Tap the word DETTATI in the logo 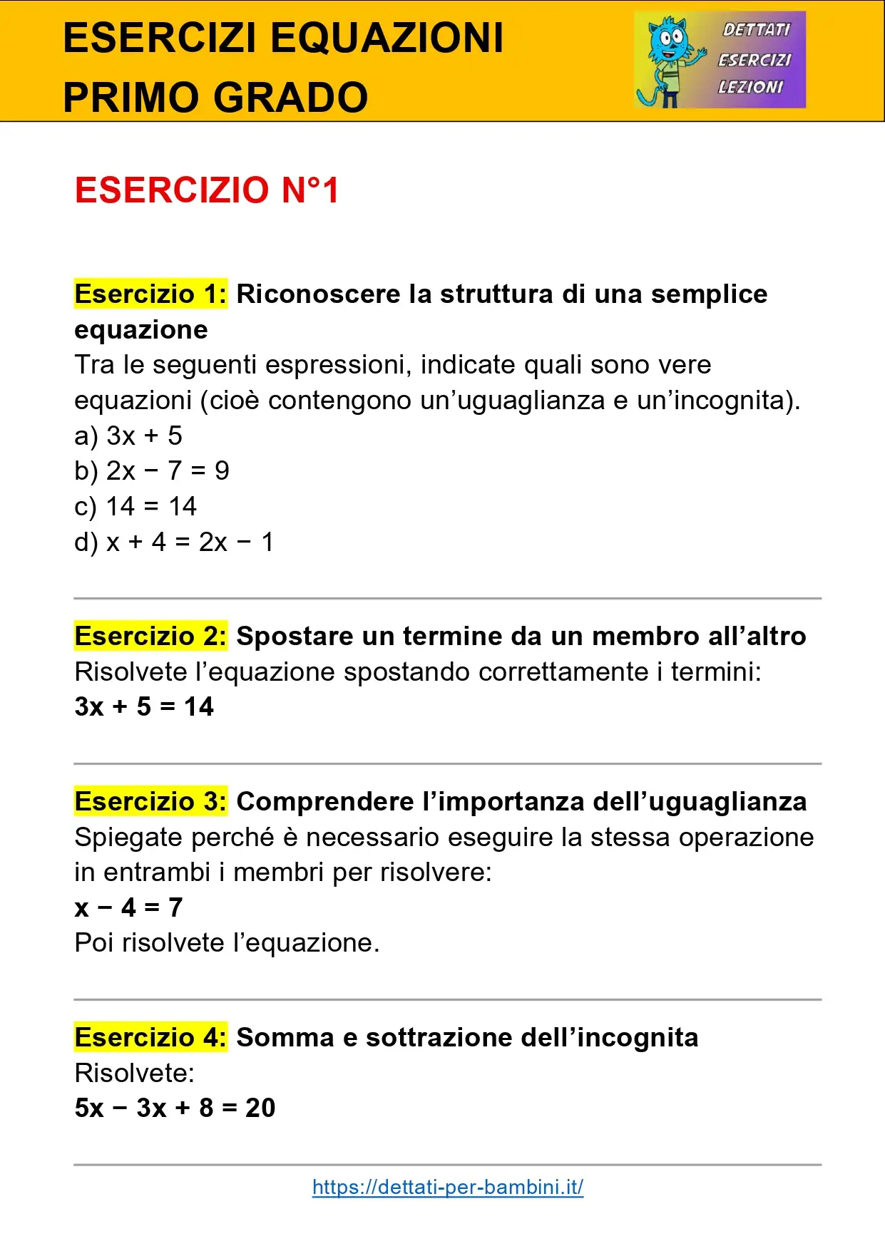click(756, 30)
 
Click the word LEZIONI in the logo click(750, 87)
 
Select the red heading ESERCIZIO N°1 click(207, 190)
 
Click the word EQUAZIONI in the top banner click(387, 38)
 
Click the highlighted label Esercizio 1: click(150, 294)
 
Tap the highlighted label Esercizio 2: click(150, 636)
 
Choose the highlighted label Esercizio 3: click(150, 801)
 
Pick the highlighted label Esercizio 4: click(150, 1037)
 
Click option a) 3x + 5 click(128, 436)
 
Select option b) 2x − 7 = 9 click(152, 470)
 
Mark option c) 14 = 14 click(135, 506)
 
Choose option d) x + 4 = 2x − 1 click(174, 542)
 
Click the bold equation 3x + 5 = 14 click(144, 706)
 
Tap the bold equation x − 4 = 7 click(129, 907)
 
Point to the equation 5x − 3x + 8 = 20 click(175, 1108)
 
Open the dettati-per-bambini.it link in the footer click(448, 1187)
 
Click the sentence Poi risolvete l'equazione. click(227, 942)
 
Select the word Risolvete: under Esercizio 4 click(135, 1073)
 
